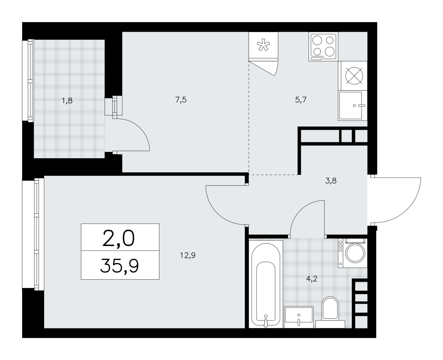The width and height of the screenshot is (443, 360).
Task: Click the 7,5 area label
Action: pos(181,100)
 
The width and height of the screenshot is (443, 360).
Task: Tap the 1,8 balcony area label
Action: pos(67,101)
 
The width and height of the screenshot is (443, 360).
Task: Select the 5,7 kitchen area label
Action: pos(301,100)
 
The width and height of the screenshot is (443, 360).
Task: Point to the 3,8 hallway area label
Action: pos(331,181)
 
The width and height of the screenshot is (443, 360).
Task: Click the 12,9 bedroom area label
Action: pos(188,255)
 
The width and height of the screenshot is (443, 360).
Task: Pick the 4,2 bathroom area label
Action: pos(312,279)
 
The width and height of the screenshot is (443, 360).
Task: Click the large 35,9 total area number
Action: pos(119,267)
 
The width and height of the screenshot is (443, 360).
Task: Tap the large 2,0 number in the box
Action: pos(119,239)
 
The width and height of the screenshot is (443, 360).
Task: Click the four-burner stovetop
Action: pos(323,46)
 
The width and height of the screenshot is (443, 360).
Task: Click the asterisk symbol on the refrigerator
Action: pos(263,45)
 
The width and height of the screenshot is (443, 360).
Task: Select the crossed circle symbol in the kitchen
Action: pos(354,76)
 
